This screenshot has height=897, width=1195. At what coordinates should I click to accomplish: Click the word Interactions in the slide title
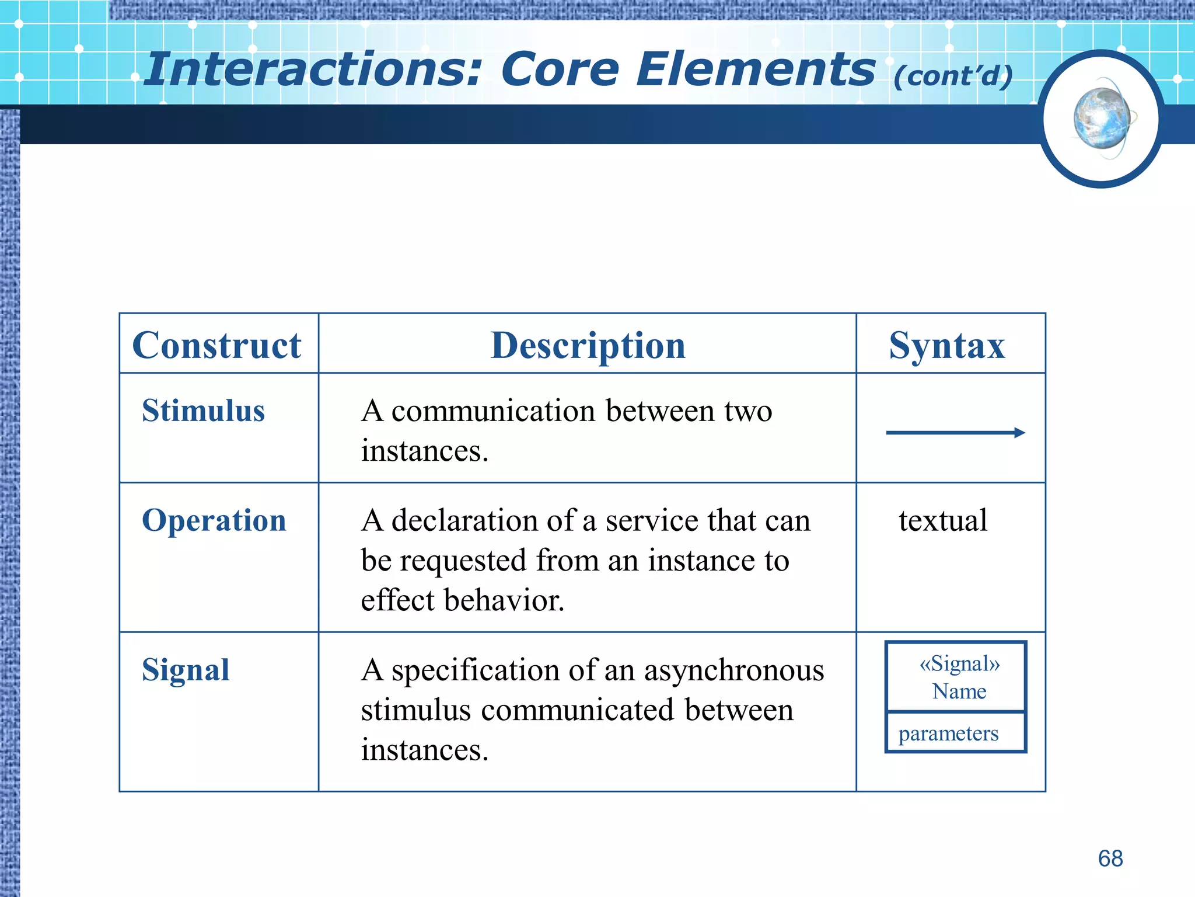coord(313,70)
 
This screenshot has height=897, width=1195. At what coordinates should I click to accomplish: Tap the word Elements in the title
coord(756,70)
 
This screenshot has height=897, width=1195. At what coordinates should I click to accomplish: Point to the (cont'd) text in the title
coord(953,77)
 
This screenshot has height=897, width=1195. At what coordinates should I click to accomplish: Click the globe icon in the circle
coord(1102,119)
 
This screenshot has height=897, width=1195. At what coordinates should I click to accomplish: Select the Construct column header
coord(217,345)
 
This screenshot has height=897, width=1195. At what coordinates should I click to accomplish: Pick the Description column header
coord(588,345)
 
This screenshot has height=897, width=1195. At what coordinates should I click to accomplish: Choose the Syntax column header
coord(947,345)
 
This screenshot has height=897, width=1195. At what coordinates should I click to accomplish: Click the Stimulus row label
coord(203,411)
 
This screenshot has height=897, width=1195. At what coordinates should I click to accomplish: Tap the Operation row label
coord(214,520)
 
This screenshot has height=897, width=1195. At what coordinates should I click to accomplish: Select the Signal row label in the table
coord(186,670)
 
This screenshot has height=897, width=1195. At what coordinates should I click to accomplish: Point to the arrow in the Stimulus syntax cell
coord(955,433)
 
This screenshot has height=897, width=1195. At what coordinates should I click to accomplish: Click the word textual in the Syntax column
coord(943,520)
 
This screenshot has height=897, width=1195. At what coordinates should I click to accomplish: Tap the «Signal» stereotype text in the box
coord(959,664)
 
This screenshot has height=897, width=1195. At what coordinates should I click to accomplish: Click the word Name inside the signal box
coord(959,691)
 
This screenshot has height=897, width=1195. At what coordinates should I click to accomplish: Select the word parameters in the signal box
coord(948,733)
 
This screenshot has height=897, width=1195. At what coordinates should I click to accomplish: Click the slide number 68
coord(1110,858)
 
